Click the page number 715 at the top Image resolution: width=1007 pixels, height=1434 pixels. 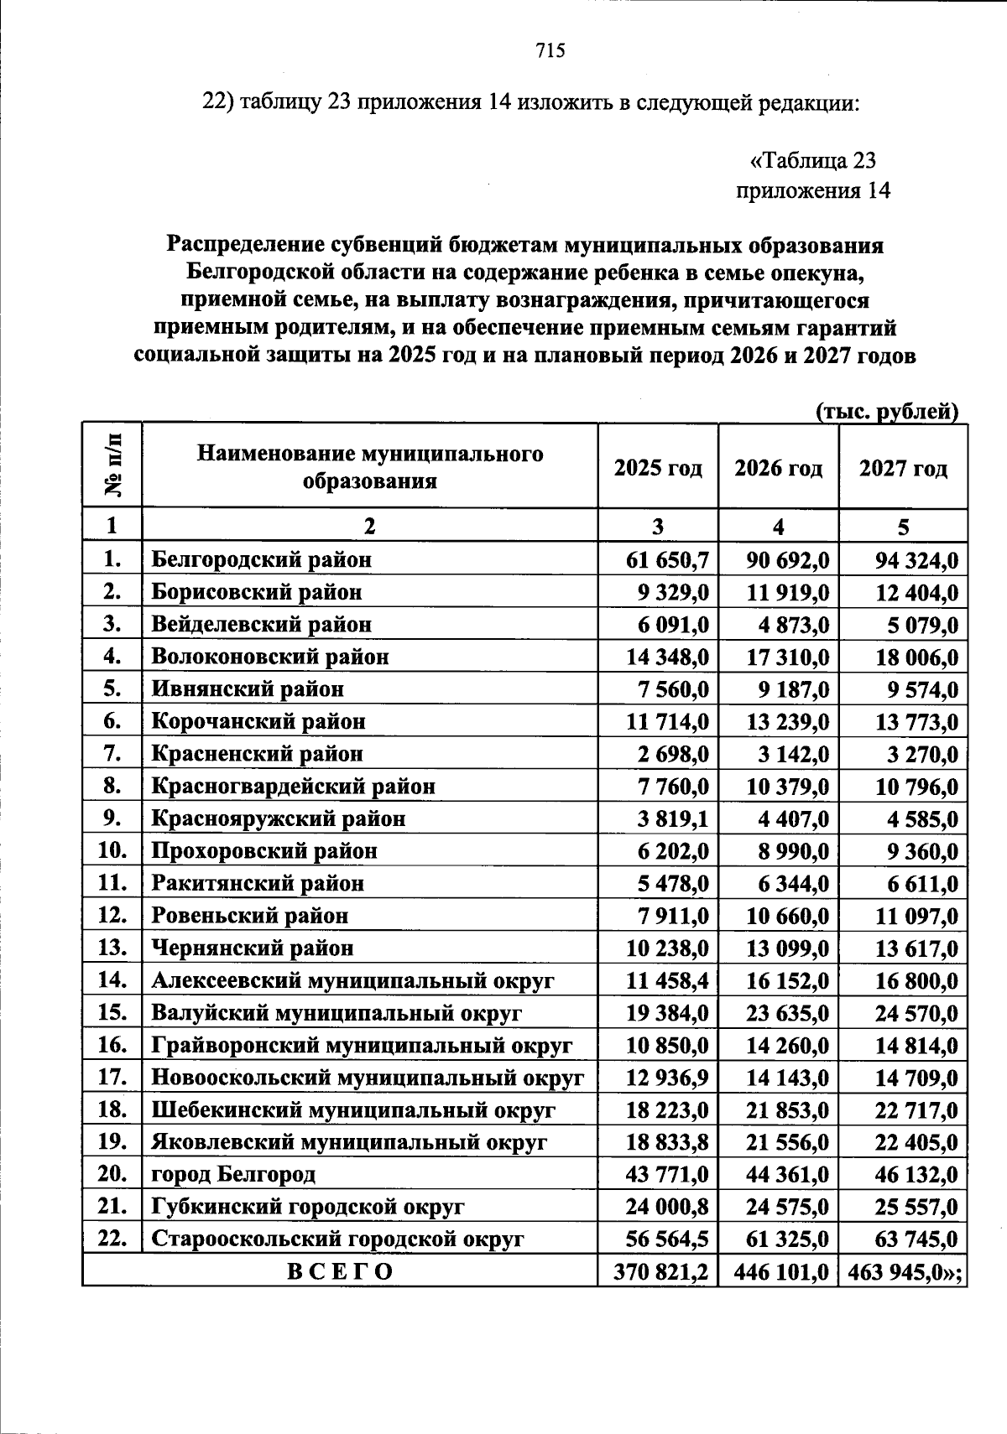pyautogui.click(x=550, y=51)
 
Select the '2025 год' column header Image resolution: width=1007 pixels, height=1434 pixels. pyautogui.click(x=658, y=467)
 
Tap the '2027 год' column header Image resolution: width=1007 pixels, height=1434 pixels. pyautogui.click(x=903, y=467)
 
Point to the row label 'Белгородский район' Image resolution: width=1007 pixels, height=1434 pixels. pyautogui.click(x=261, y=559)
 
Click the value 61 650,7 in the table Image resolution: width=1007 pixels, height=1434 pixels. pyautogui.click(x=668, y=559)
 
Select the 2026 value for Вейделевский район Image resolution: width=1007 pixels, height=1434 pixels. pyautogui.click(x=788, y=625)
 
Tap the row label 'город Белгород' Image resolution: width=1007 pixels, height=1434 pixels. pyautogui.click(x=233, y=1174)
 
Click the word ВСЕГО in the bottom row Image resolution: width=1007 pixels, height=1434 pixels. pyautogui.click(x=340, y=1271)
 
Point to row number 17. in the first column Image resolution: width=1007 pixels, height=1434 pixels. pyautogui.click(x=112, y=1077)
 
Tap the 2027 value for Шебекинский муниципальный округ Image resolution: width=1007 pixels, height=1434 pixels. pyautogui.click(x=916, y=1110)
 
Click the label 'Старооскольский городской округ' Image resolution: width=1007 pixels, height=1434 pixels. pyautogui.click(x=337, y=1239)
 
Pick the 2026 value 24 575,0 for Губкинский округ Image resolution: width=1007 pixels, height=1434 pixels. pyautogui.click(x=788, y=1207)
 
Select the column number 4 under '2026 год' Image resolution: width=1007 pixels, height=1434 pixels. pyautogui.click(x=778, y=527)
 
